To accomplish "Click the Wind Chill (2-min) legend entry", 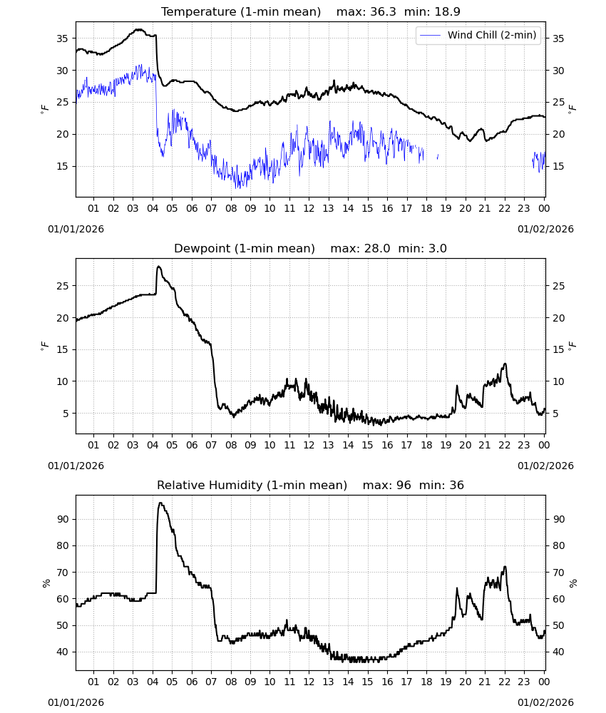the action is [478, 35].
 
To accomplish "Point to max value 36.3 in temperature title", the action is [383, 11].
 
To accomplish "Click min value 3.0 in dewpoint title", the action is [436, 248].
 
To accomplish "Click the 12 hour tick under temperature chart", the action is [309, 208].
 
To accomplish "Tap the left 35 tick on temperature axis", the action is [62, 39].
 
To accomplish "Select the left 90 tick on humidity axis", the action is [62, 519].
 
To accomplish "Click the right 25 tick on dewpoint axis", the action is [558, 286].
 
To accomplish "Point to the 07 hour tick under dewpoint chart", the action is [211, 445].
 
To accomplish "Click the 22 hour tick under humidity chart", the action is [505, 682].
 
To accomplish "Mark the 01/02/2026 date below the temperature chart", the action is [545, 229].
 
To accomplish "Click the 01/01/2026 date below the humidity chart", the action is [76, 702].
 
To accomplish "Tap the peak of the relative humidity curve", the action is [160, 503].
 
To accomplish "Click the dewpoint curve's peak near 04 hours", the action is [158, 267].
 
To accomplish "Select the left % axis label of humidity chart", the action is [46, 583].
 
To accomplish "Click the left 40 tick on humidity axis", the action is [62, 652].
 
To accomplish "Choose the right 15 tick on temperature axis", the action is [558, 166].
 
